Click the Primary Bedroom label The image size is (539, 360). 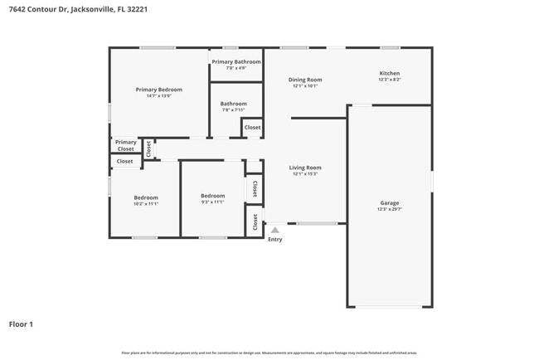159,90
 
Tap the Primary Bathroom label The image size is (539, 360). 236,61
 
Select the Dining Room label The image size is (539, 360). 306,80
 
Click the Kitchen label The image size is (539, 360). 390,73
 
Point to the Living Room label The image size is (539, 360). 305,168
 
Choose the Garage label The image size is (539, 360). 390,202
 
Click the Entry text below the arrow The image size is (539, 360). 275,240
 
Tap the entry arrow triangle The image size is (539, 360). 275,230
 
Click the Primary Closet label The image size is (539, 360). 126,145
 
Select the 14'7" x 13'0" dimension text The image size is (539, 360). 159,96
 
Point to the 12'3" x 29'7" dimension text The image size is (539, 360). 390,209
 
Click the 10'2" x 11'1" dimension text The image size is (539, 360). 146,202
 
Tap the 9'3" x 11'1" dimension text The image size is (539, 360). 213,202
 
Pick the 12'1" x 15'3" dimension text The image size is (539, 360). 305,174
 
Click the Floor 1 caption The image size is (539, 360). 21,324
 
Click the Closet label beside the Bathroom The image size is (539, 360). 252,128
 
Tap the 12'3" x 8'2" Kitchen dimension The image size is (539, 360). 390,80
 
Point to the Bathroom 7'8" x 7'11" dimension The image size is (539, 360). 234,110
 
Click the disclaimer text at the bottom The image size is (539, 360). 269,353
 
